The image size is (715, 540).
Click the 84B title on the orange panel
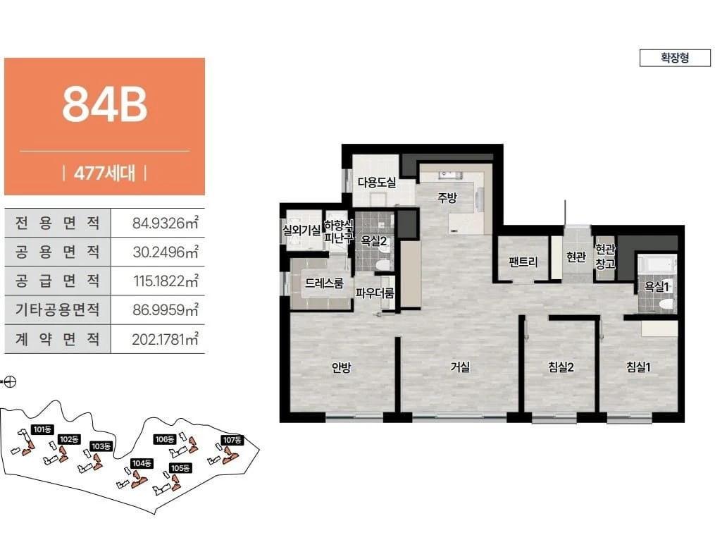tap(105, 104)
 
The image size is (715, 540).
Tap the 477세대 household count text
tap(104, 173)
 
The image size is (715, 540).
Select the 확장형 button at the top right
tap(675, 58)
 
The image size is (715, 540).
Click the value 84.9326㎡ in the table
tap(165, 223)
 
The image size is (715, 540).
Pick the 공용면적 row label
tap(57, 252)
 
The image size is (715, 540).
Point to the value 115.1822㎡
tap(166, 281)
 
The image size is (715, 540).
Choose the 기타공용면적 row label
tap(57, 309)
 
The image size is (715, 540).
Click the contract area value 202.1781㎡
tap(165, 339)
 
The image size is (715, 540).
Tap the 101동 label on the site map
tap(43, 429)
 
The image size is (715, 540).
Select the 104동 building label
tap(142, 463)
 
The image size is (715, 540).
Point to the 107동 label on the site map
tap(232, 440)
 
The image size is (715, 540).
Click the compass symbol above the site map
tap(11, 381)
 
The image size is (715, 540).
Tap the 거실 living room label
tap(459, 367)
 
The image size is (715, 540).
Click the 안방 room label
tap(341, 367)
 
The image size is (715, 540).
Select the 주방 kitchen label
tap(447, 197)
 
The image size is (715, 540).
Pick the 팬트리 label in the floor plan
tap(523, 262)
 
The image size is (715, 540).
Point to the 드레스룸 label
tap(324, 283)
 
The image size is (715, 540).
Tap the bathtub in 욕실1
tap(657, 264)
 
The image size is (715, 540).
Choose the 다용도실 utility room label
tap(377, 183)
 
